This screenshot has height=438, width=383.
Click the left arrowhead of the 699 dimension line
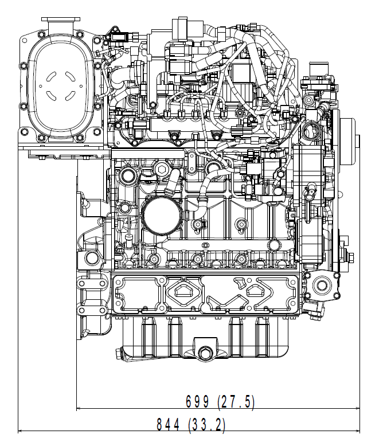coord(80,409)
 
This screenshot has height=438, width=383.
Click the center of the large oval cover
coord(57,86)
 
